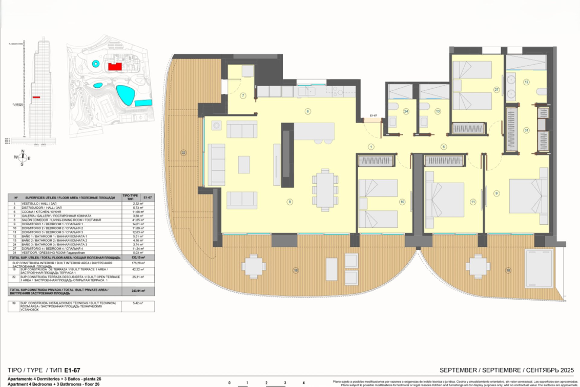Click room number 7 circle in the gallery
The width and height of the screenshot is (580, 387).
coord(243,96)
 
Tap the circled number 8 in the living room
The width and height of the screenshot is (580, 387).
coord(289,202)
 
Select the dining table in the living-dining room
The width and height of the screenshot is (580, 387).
coord(325,190)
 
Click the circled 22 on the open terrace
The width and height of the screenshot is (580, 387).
coord(183,153)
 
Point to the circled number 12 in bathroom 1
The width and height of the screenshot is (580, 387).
coord(526,82)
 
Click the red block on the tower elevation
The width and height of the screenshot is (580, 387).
coord(36,97)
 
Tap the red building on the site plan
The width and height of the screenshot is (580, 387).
coord(115,67)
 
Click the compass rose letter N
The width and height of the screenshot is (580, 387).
coord(23,151)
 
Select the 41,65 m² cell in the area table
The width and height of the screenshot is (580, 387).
coord(138,220)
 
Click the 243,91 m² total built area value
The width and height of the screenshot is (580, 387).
coord(138,291)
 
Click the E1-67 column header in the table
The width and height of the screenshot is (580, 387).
coord(147,197)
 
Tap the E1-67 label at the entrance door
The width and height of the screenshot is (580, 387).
coord(373,115)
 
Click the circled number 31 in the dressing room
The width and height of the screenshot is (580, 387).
coord(526,130)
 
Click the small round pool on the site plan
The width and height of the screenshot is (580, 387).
coord(95,63)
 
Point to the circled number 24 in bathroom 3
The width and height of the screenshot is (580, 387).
coord(406,111)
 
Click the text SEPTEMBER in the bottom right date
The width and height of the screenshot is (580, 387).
coord(458,370)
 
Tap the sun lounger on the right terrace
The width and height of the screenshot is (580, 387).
coord(540,268)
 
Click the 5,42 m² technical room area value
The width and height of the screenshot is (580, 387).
coord(138,303)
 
